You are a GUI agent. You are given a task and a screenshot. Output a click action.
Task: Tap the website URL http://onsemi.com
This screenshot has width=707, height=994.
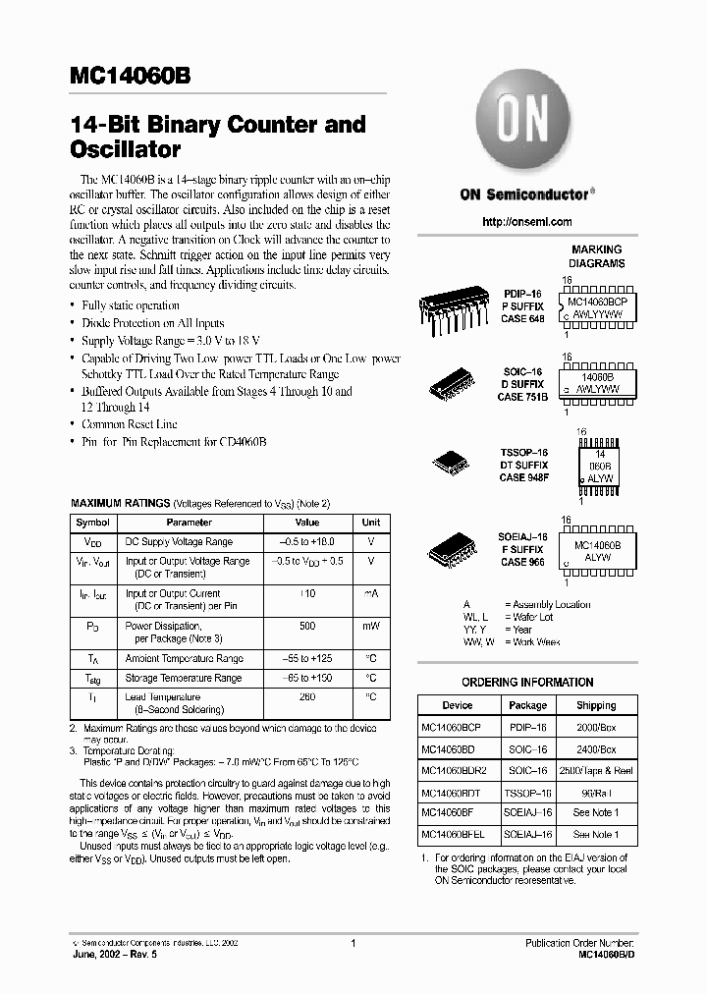point(527,223)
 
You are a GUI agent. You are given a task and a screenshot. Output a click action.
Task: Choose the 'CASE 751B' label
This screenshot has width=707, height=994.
point(523,397)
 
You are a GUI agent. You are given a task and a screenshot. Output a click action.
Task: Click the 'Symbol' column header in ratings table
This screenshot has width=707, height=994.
point(93,523)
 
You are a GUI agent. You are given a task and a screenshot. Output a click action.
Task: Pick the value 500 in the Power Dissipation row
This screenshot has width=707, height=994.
point(307,626)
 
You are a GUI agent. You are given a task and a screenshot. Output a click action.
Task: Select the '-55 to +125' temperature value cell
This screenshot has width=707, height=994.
point(307,658)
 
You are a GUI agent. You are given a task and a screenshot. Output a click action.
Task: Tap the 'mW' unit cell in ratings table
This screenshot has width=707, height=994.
point(371,626)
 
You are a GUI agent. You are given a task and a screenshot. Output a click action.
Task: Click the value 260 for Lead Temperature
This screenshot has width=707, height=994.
point(307,697)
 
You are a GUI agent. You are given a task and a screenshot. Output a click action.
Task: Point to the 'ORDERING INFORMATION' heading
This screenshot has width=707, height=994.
point(527,683)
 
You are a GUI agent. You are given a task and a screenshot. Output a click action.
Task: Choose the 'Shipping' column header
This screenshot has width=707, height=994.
point(595,705)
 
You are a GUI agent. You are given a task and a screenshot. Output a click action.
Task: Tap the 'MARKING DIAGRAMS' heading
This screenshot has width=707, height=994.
point(596,256)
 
